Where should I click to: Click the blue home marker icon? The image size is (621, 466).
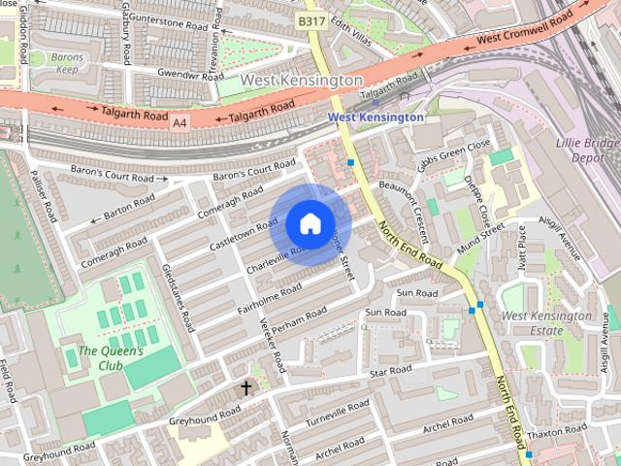point(310,223)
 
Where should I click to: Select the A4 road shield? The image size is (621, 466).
point(180,123)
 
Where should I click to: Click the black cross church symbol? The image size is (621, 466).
point(246,388)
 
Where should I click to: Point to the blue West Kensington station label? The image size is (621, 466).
point(376,116)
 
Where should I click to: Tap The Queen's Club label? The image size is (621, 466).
point(111,358)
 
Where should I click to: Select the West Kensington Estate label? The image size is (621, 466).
point(546,323)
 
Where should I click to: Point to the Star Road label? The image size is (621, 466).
point(391,371)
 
